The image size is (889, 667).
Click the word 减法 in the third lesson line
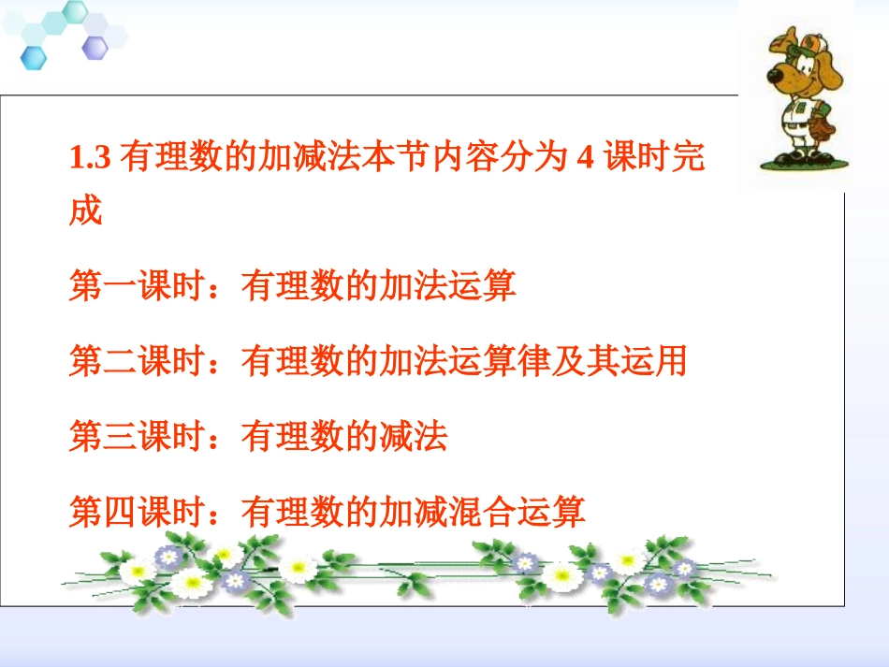tap(413, 437)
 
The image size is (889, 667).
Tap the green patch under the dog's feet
tap(791, 164)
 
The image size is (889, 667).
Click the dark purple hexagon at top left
tap(95, 47)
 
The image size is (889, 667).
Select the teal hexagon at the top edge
tap(75, 12)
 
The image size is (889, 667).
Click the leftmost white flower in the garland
tap(138, 568)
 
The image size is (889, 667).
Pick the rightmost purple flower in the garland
tap(685, 568)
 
